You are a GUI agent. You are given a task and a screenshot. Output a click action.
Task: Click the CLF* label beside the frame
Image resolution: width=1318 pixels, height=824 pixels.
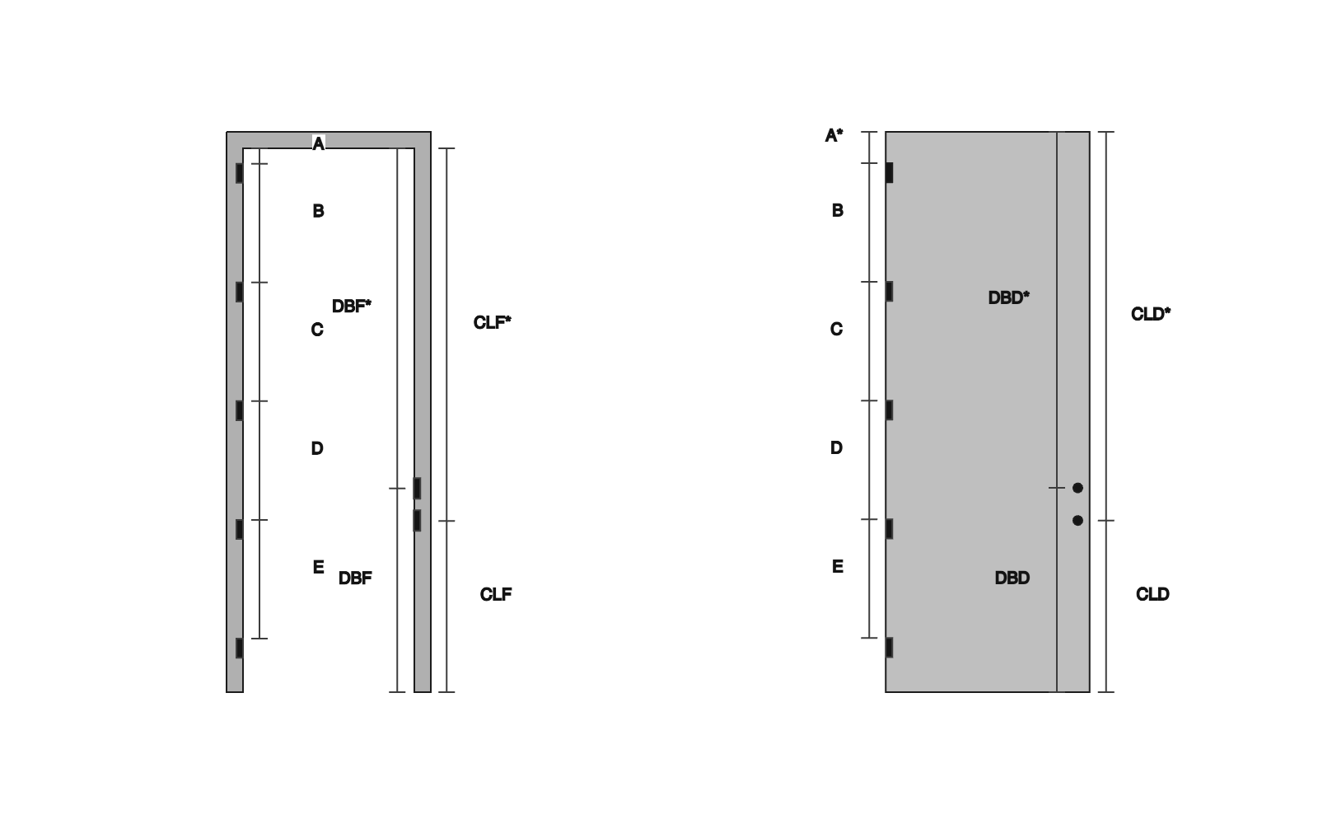tap(493, 322)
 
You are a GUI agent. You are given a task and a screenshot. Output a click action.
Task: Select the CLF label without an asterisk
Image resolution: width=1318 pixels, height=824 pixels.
tap(496, 594)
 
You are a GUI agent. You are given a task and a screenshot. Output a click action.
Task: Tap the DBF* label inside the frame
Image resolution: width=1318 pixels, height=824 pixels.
tap(352, 306)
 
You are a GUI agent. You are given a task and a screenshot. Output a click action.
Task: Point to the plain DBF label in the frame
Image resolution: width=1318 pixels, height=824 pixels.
tap(355, 578)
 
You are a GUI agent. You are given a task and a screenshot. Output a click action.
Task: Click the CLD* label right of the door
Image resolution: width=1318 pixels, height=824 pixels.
tap(1151, 314)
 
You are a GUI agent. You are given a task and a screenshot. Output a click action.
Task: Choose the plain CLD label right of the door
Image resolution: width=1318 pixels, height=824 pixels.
tap(1152, 594)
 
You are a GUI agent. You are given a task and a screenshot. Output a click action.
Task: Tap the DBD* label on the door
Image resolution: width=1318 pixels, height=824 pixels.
tap(1009, 297)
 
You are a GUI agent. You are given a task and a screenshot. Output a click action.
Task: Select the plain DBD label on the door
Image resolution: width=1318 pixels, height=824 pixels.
tap(1012, 578)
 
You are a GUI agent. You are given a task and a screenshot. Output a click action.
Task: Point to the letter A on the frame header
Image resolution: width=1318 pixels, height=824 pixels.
tap(318, 143)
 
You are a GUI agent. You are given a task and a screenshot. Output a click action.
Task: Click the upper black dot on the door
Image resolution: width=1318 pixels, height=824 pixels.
tap(1078, 488)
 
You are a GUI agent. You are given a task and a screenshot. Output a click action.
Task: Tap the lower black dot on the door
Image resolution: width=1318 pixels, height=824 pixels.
tap(1078, 520)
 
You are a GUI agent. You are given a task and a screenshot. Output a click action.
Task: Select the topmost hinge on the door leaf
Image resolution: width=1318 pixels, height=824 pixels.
tap(890, 173)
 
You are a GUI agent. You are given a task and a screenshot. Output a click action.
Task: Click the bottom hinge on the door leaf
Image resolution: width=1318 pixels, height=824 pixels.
tap(890, 648)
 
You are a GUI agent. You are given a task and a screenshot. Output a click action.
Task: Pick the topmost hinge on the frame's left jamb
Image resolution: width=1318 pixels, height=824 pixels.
tap(240, 174)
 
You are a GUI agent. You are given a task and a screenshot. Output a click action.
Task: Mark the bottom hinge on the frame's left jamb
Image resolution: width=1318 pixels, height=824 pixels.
tap(240, 648)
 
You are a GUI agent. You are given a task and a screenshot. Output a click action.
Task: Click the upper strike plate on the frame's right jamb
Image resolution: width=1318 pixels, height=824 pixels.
tap(417, 489)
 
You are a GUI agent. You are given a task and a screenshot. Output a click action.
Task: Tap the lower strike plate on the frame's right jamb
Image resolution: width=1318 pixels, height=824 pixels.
tap(417, 521)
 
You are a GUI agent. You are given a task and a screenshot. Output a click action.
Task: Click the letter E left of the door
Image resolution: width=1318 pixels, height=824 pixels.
tap(838, 566)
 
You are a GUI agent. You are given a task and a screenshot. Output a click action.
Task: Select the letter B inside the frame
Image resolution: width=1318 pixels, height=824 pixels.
tap(318, 211)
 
